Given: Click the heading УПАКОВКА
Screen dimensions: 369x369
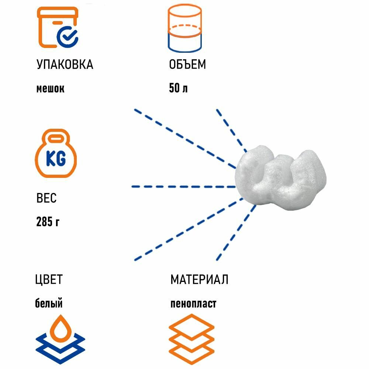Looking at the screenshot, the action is tap(65, 65).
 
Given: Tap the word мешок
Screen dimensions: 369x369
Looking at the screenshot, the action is tap(50, 89).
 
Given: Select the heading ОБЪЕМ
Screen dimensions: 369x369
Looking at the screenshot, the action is tap(187, 65).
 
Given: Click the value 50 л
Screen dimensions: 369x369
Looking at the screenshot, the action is tap(178, 89).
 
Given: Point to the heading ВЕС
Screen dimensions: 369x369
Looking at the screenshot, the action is tap(46, 198).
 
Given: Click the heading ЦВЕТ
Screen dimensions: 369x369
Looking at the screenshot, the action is tap(49, 279).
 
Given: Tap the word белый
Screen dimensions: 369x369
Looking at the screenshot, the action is tap(49, 304).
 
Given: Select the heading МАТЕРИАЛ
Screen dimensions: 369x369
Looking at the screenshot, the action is tap(199, 279).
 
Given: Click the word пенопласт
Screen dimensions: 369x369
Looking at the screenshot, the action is tap(193, 304).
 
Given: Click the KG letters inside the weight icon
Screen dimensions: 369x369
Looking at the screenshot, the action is tap(56, 159).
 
